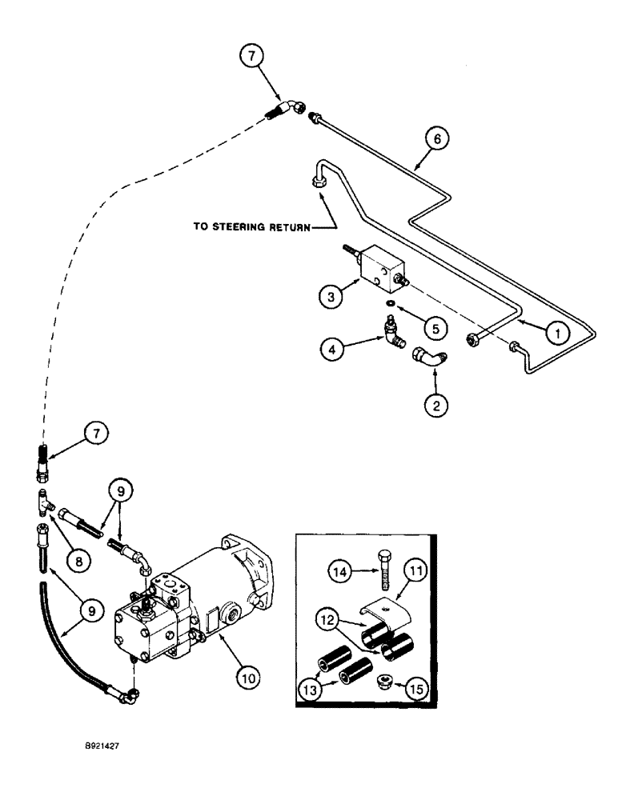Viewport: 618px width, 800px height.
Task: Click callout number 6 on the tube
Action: (x=436, y=139)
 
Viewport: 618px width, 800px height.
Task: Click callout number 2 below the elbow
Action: (x=435, y=406)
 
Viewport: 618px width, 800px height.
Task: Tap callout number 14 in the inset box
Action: (x=342, y=571)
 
